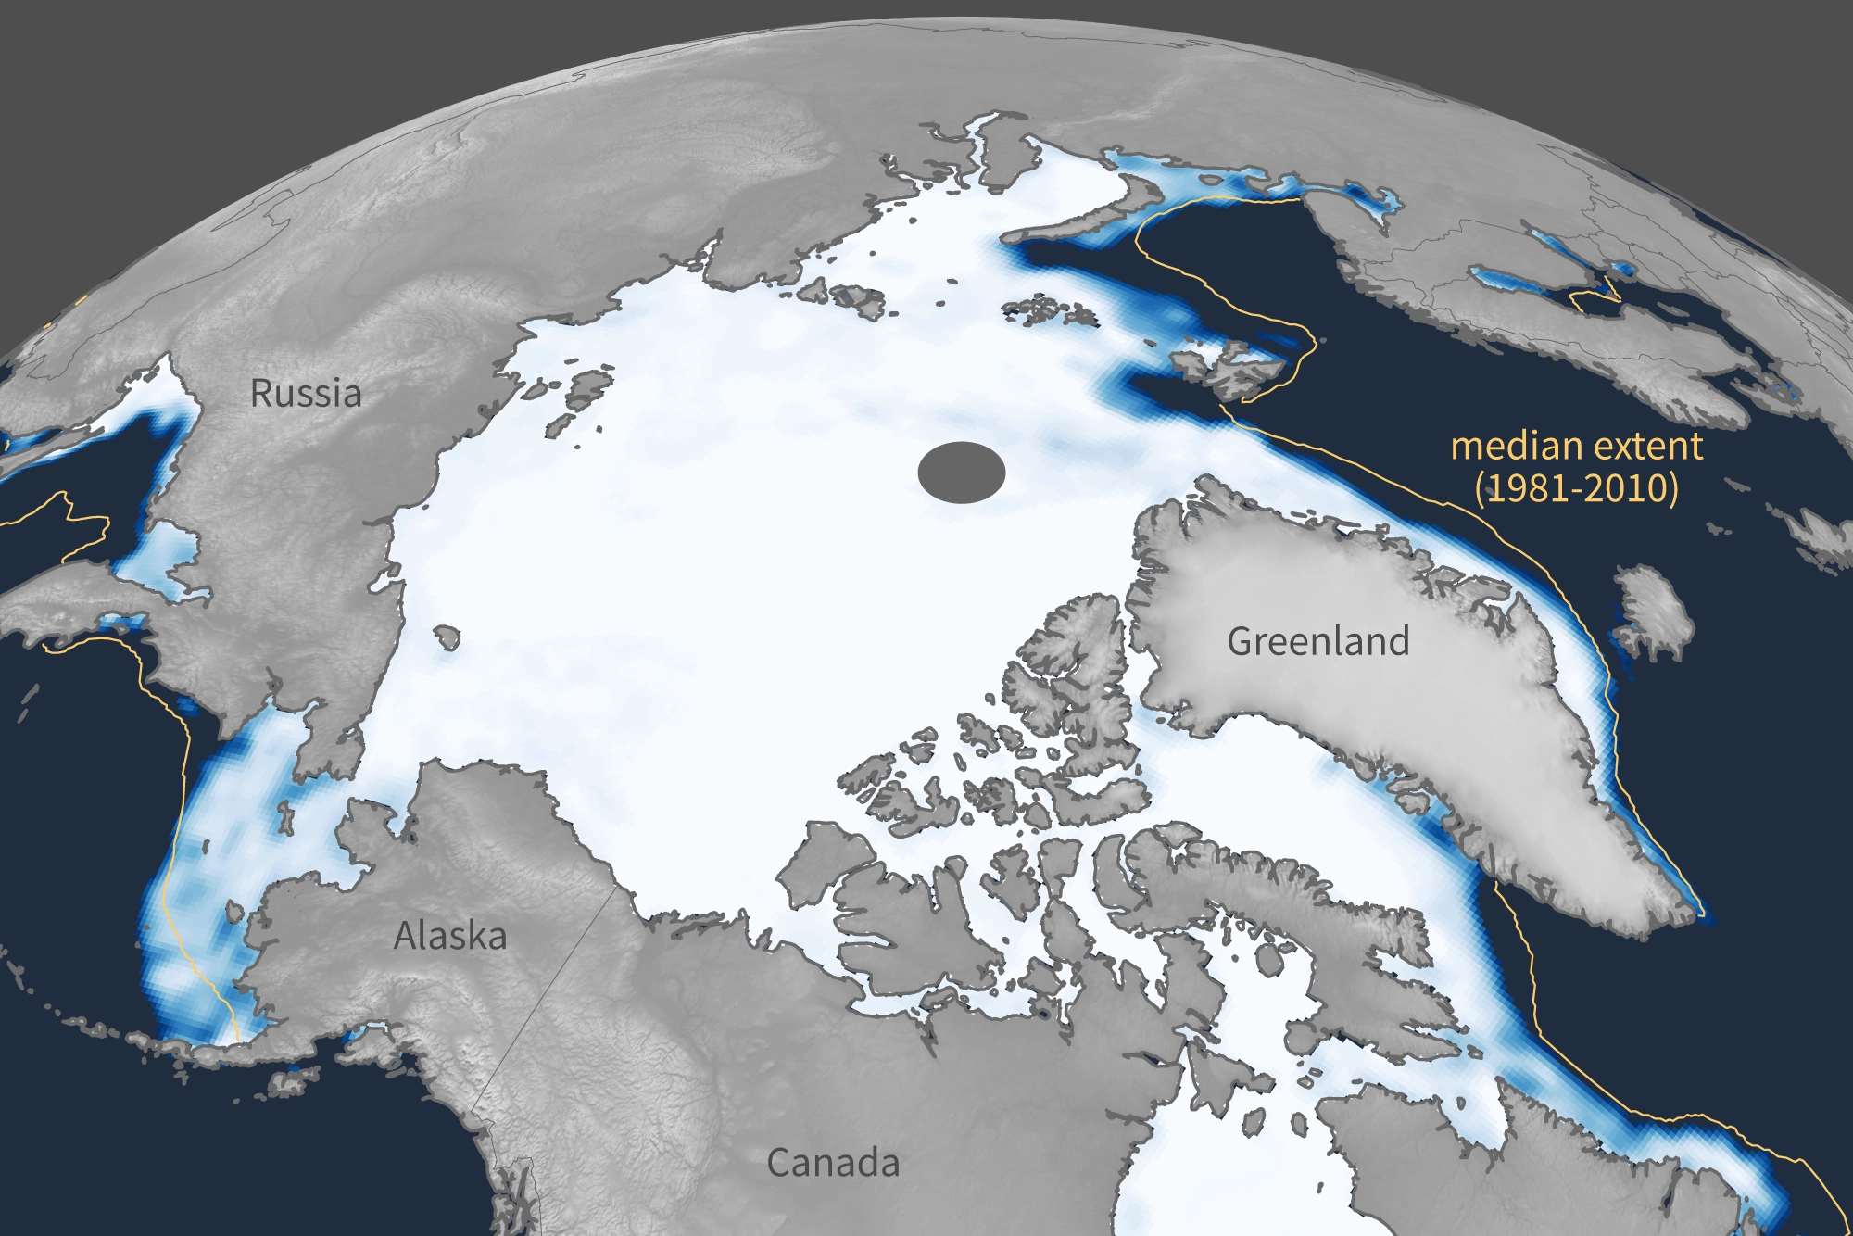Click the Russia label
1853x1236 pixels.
pos(306,394)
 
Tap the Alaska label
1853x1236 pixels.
pos(450,936)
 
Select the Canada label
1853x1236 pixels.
pos(833,1163)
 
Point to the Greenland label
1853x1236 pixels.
pos(1317,641)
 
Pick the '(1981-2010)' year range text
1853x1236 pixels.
pos(1576,488)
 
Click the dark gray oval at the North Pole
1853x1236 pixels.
pos(962,473)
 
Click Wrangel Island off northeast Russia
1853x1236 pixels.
pos(447,637)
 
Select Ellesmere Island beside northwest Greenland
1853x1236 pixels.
pos(1075,667)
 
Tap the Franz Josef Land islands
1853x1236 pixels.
pos(1047,310)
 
